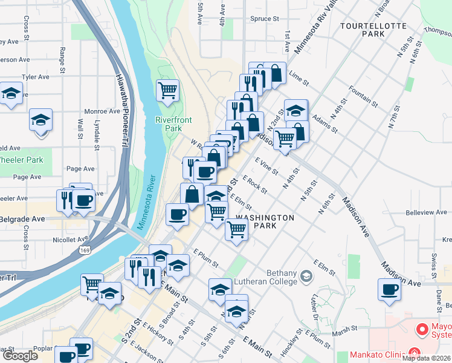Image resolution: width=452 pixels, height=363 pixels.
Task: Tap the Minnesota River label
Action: click(x=147, y=203)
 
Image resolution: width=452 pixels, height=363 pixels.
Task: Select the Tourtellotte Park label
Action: click(x=363, y=30)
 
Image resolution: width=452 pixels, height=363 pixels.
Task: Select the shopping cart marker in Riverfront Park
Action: click(x=167, y=91)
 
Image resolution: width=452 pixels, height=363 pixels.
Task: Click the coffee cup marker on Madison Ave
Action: click(x=390, y=290)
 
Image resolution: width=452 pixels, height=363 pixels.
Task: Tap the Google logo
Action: click(x=20, y=356)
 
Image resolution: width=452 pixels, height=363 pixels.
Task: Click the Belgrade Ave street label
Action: click(x=22, y=218)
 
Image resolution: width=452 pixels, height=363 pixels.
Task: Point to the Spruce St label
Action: click(x=265, y=19)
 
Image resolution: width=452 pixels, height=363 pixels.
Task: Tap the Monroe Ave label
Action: click(x=102, y=111)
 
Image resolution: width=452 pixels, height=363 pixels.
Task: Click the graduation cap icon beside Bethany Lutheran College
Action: click(x=306, y=277)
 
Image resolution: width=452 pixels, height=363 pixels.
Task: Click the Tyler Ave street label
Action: click(x=35, y=77)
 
